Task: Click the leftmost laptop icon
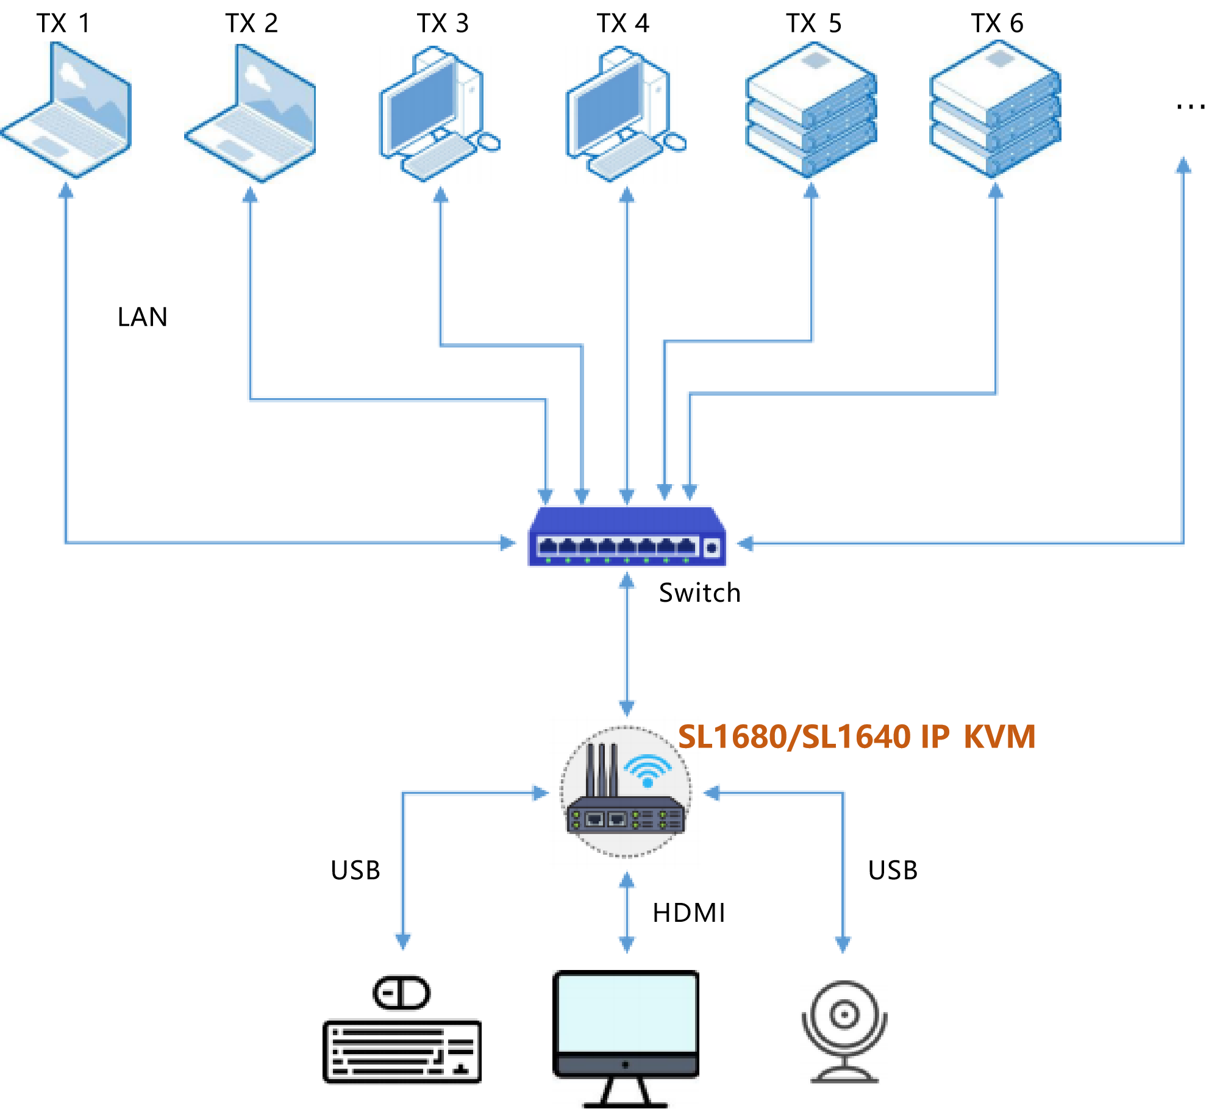point(66,110)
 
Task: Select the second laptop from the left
point(250,113)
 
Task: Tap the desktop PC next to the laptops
point(439,115)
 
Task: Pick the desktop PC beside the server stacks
point(626,115)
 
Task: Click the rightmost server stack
point(995,110)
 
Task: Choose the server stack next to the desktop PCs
point(811,110)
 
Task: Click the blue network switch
point(628,537)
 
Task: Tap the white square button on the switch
point(712,547)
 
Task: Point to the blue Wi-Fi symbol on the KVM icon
point(648,770)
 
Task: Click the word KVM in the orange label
point(1000,736)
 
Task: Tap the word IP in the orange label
point(935,736)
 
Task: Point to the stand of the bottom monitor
point(626,1091)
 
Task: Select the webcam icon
point(844,1033)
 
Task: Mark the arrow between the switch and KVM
point(627,643)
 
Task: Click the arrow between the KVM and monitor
point(627,913)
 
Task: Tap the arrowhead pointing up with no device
point(1183,165)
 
